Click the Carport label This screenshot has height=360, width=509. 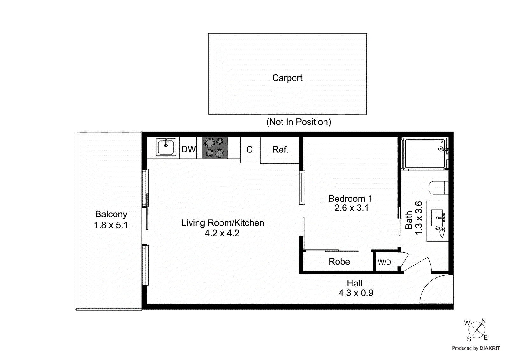tap(287, 78)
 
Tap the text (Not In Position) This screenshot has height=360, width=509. tap(298, 122)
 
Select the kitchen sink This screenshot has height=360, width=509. tap(166, 147)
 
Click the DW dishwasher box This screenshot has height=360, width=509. tap(188, 149)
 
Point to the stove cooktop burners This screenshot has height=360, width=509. tap(215, 148)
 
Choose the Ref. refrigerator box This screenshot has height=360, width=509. tap(280, 150)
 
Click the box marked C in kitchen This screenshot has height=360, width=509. tap(250, 150)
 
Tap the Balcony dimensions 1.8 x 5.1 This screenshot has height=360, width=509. tap(111, 225)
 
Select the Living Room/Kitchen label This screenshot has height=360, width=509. tap(223, 223)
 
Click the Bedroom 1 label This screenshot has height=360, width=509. tap(350, 199)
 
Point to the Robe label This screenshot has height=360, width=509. tap(339, 262)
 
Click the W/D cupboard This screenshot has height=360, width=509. tap(384, 262)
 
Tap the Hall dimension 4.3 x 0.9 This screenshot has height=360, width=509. tap(356, 293)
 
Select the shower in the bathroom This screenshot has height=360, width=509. tap(424, 153)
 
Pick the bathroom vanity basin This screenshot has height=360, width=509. tap(438, 218)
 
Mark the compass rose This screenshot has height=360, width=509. tap(477, 330)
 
